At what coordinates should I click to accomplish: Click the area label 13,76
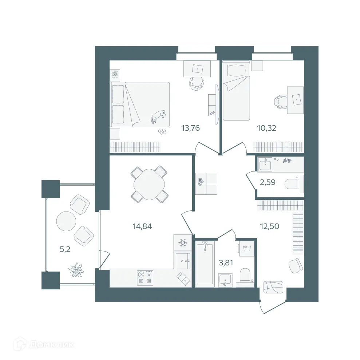coord(191,128)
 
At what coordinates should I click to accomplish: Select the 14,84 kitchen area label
coord(142,226)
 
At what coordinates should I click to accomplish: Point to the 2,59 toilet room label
coord(267,182)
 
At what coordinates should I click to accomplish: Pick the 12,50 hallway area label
coord(269,226)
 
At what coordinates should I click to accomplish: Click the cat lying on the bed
coord(159,116)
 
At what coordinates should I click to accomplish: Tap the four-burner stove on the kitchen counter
coord(145,278)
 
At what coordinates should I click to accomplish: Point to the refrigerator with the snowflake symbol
coord(182,242)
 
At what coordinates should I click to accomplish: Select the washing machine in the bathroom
coord(246,249)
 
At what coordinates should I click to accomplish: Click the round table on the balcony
coord(66,221)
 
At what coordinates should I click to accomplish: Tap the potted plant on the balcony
coord(76,270)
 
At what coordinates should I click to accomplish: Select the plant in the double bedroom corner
coord(115,75)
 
